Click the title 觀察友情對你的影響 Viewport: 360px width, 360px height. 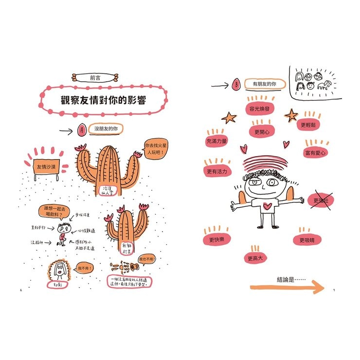(x=104, y=101)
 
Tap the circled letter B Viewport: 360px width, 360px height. (x=236, y=85)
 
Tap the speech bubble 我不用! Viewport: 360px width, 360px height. (x=84, y=268)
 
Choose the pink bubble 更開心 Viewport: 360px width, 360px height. (x=262, y=131)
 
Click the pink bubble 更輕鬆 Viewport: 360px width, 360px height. (x=309, y=125)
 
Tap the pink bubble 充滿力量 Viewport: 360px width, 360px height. (x=217, y=141)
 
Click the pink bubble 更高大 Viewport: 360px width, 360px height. (x=255, y=258)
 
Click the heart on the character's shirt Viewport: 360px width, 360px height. (x=267, y=206)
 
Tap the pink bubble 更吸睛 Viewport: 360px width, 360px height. (x=306, y=240)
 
